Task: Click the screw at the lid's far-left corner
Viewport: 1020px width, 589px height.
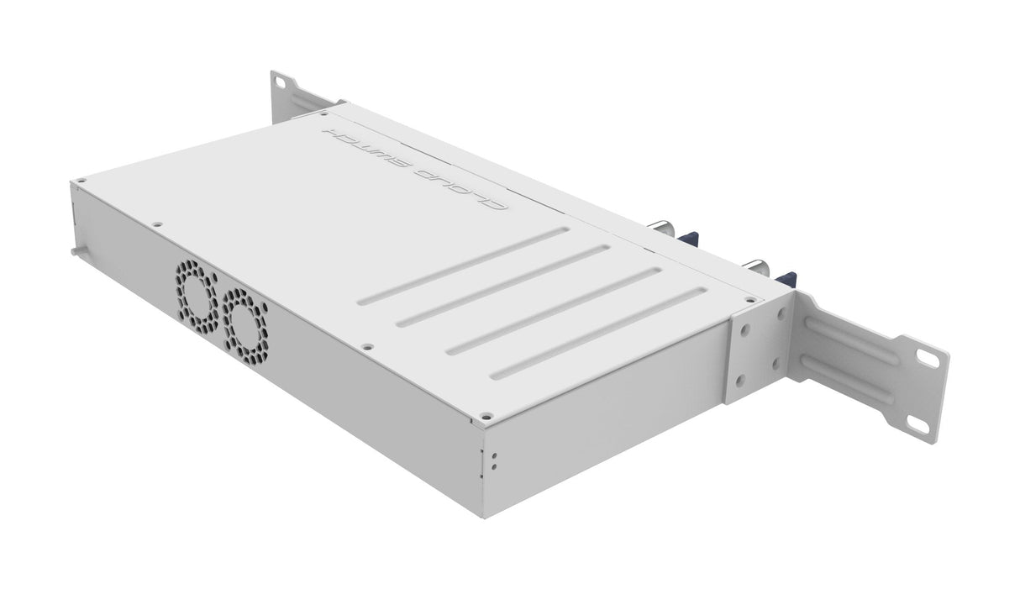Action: pyautogui.click(x=81, y=180)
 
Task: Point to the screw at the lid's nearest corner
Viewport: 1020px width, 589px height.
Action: pyautogui.click(x=485, y=415)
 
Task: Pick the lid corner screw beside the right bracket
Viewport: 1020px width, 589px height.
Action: pyautogui.click(x=750, y=299)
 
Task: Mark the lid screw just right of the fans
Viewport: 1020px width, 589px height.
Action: pyautogui.click(x=365, y=344)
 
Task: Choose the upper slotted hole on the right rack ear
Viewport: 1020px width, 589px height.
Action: pyautogui.click(x=928, y=358)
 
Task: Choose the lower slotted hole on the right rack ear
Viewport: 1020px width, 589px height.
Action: pyautogui.click(x=917, y=426)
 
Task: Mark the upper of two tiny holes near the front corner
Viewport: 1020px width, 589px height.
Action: pyautogui.click(x=493, y=455)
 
